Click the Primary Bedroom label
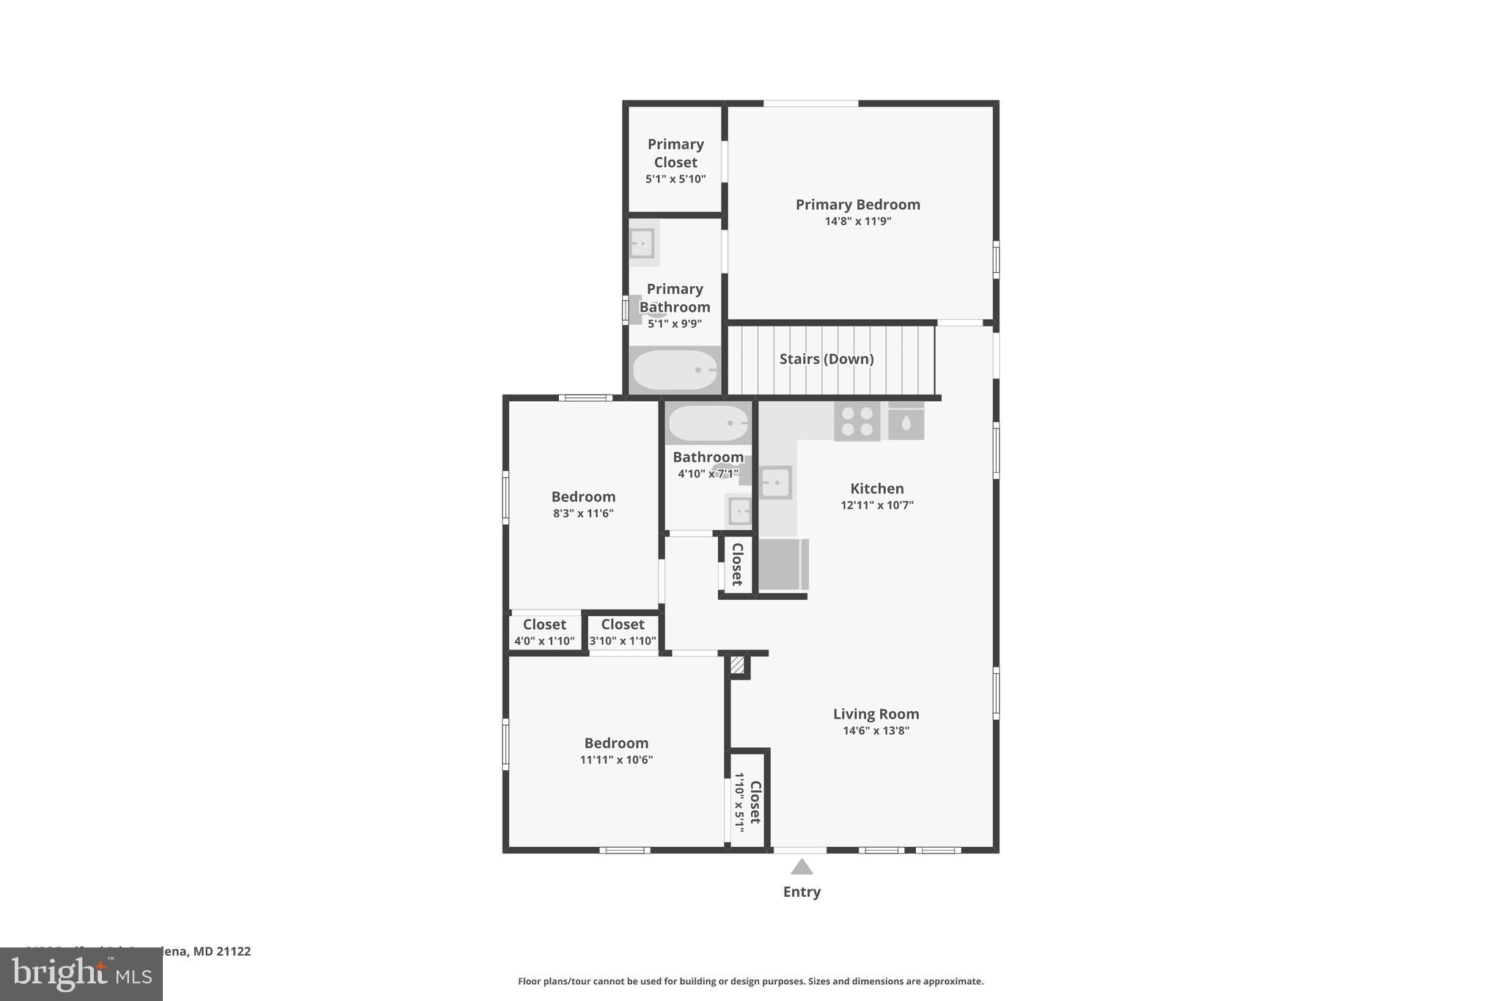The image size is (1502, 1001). point(857,205)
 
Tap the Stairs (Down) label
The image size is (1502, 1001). point(826,359)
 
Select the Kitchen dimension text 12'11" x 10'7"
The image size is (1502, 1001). point(876,505)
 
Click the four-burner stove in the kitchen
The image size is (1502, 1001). point(857,421)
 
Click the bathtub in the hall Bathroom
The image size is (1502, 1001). point(708,423)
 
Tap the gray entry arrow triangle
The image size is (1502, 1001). point(802,867)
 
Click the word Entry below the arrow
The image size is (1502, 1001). point(802,892)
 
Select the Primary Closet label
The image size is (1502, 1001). point(675,153)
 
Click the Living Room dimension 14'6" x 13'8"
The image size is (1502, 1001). point(876,730)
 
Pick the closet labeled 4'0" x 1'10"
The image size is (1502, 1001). point(544,631)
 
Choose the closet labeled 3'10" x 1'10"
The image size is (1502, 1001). point(623,631)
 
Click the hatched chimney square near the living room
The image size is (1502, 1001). point(737,665)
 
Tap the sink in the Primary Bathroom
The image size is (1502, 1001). point(642,243)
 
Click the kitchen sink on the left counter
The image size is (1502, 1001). point(775,483)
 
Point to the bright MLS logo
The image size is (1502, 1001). point(81,974)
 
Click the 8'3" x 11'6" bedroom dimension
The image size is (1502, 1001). point(583,513)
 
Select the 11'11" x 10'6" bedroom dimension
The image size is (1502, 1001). point(616,760)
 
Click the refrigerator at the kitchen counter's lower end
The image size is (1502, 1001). point(783,564)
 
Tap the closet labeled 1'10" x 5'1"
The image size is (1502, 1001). point(748,802)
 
